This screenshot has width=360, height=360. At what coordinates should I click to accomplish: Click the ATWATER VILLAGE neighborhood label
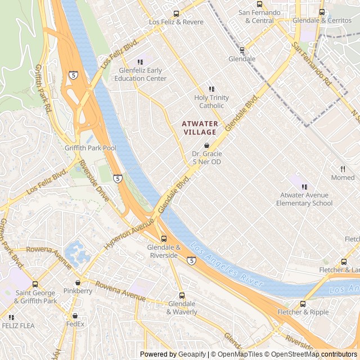pyautogui.click(x=199, y=127)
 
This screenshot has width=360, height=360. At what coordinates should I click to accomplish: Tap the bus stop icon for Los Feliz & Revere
pyautogui.click(x=176, y=13)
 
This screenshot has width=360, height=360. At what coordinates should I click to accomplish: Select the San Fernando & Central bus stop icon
pyautogui.click(x=259, y=4)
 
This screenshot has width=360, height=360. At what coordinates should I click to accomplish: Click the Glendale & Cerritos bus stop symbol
pyautogui.click(x=322, y=12)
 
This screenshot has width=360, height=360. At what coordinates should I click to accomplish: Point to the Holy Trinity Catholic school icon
pyautogui.click(x=212, y=89)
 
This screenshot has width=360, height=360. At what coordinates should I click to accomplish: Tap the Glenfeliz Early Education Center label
pyautogui.click(x=142, y=74)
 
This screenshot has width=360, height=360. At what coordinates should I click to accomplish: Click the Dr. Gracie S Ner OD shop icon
pyautogui.click(x=206, y=145)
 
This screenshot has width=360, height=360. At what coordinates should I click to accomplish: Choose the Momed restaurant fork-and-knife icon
pyautogui.click(x=343, y=169)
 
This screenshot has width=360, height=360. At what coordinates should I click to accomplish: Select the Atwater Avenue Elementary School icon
pyautogui.click(x=304, y=187)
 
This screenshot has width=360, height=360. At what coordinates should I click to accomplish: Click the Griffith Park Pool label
pyautogui.click(x=91, y=148)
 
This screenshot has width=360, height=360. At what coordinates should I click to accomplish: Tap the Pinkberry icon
pyautogui.click(x=78, y=282)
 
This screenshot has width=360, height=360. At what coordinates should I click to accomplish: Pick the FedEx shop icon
pyautogui.click(x=75, y=316)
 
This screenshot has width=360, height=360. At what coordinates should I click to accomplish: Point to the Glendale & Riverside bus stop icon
pyautogui.click(x=164, y=238)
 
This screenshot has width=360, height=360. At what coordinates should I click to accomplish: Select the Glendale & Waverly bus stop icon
pyautogui.click(x=182, y=295)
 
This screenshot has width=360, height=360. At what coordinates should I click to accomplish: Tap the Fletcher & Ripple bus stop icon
pyautogui.click(x=303, y=304)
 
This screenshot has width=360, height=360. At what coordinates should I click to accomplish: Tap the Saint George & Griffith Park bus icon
pyautogui.click(x=35, y=284)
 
